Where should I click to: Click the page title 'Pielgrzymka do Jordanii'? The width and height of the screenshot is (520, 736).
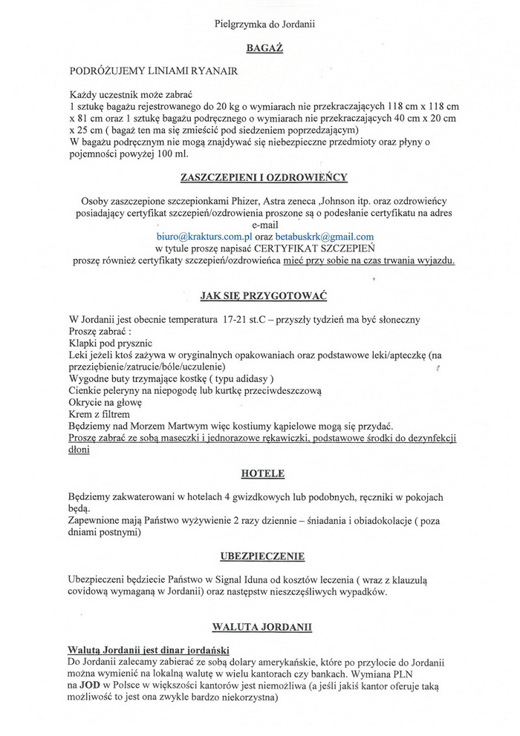tap(265, 24)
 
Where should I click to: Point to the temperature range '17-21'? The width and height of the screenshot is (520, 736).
tap(235, 320)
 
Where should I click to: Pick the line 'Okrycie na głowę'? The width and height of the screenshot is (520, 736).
tap(105, 402)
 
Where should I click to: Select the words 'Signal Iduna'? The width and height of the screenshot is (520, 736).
tap(227, 580)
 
